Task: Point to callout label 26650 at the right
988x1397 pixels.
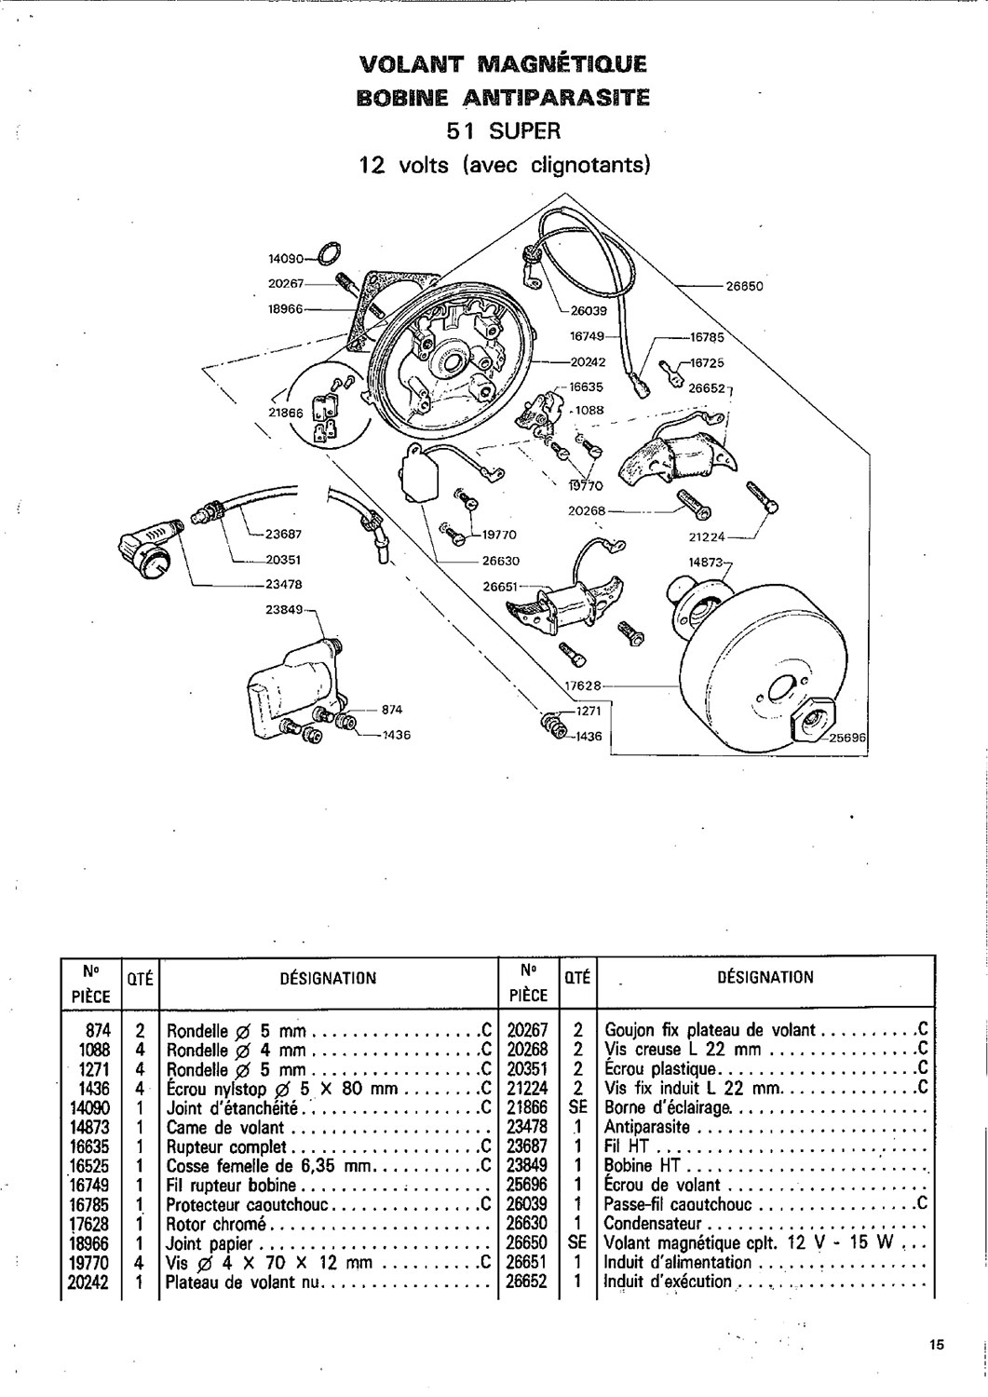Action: (744, 286)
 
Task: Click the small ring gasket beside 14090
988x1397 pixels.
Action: (329, 251)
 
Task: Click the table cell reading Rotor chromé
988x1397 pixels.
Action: (216, 1224)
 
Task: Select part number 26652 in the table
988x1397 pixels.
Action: (528, 1282)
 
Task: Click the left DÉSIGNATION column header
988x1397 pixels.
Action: (328, 978)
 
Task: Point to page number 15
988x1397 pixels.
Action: (936, 1344)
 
